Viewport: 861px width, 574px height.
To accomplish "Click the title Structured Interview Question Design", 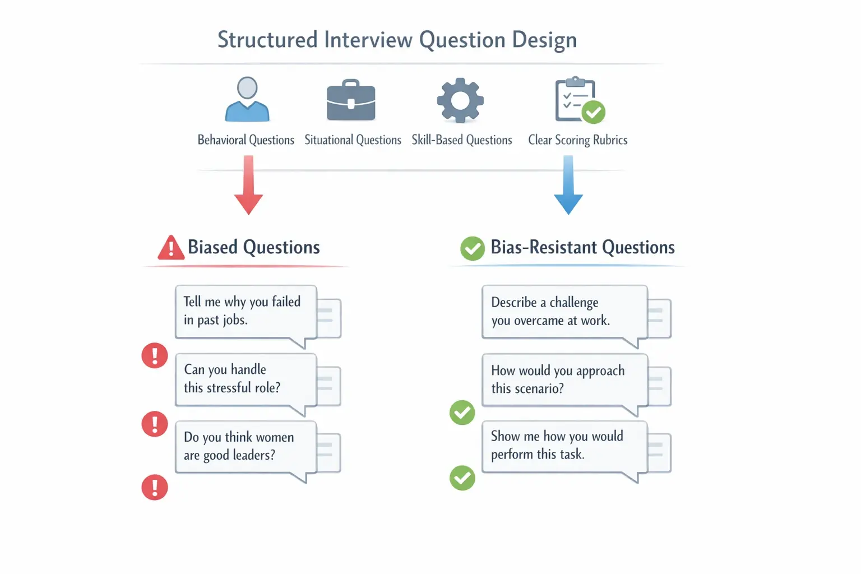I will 397,40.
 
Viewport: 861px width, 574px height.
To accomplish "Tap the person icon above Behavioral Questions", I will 247,100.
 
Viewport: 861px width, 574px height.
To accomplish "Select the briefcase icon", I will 351,101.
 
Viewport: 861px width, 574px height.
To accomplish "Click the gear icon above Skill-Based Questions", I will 460,100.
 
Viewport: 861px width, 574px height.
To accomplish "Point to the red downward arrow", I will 248,186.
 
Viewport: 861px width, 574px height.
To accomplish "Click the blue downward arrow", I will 568,186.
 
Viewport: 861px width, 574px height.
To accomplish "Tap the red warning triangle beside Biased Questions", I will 171,248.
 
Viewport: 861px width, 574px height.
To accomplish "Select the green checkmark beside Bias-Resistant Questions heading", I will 473,248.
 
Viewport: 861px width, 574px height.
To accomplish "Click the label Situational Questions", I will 353,140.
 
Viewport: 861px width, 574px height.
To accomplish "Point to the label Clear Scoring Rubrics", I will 577,140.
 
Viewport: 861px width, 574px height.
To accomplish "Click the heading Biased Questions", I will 253,247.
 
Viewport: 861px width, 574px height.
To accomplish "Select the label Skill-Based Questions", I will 462,140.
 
